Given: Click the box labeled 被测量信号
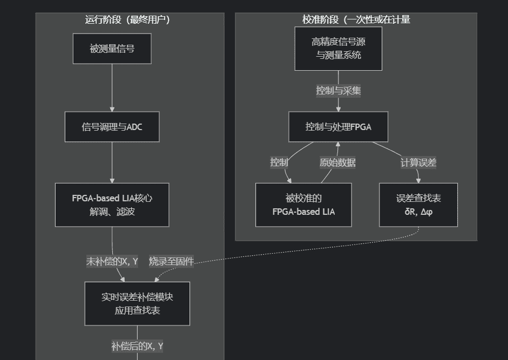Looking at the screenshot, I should coord(112,49).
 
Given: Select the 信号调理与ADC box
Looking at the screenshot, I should coord(112,127).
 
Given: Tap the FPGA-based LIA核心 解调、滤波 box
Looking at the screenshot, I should coord(112,205).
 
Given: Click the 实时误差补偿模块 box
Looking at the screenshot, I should coord(137,303).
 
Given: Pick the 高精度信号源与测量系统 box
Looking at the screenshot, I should coord(338,49).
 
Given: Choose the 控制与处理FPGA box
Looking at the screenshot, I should coord(338,127).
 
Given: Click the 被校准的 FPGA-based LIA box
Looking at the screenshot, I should coord(303,205).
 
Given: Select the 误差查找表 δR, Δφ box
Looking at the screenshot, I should coord(418,205).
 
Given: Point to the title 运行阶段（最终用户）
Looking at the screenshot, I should coord(128,20).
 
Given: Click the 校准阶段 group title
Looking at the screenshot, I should coord(356,20).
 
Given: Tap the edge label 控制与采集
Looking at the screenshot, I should coord(338,91).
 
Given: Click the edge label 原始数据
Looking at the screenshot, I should coord(338,162).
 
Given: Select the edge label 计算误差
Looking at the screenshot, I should coord(418,162).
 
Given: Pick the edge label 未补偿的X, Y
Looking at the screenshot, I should coord(112,262).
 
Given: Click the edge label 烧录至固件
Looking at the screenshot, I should coord(171,262).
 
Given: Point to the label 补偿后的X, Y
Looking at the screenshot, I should coord(137,346).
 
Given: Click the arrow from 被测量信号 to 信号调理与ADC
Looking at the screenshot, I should coord(112,86).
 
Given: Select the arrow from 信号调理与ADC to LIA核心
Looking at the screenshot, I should coord(112,162).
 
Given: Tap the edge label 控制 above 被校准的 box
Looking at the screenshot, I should coord(279,162).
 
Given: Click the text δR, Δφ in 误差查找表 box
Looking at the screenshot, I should coord(418,212).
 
